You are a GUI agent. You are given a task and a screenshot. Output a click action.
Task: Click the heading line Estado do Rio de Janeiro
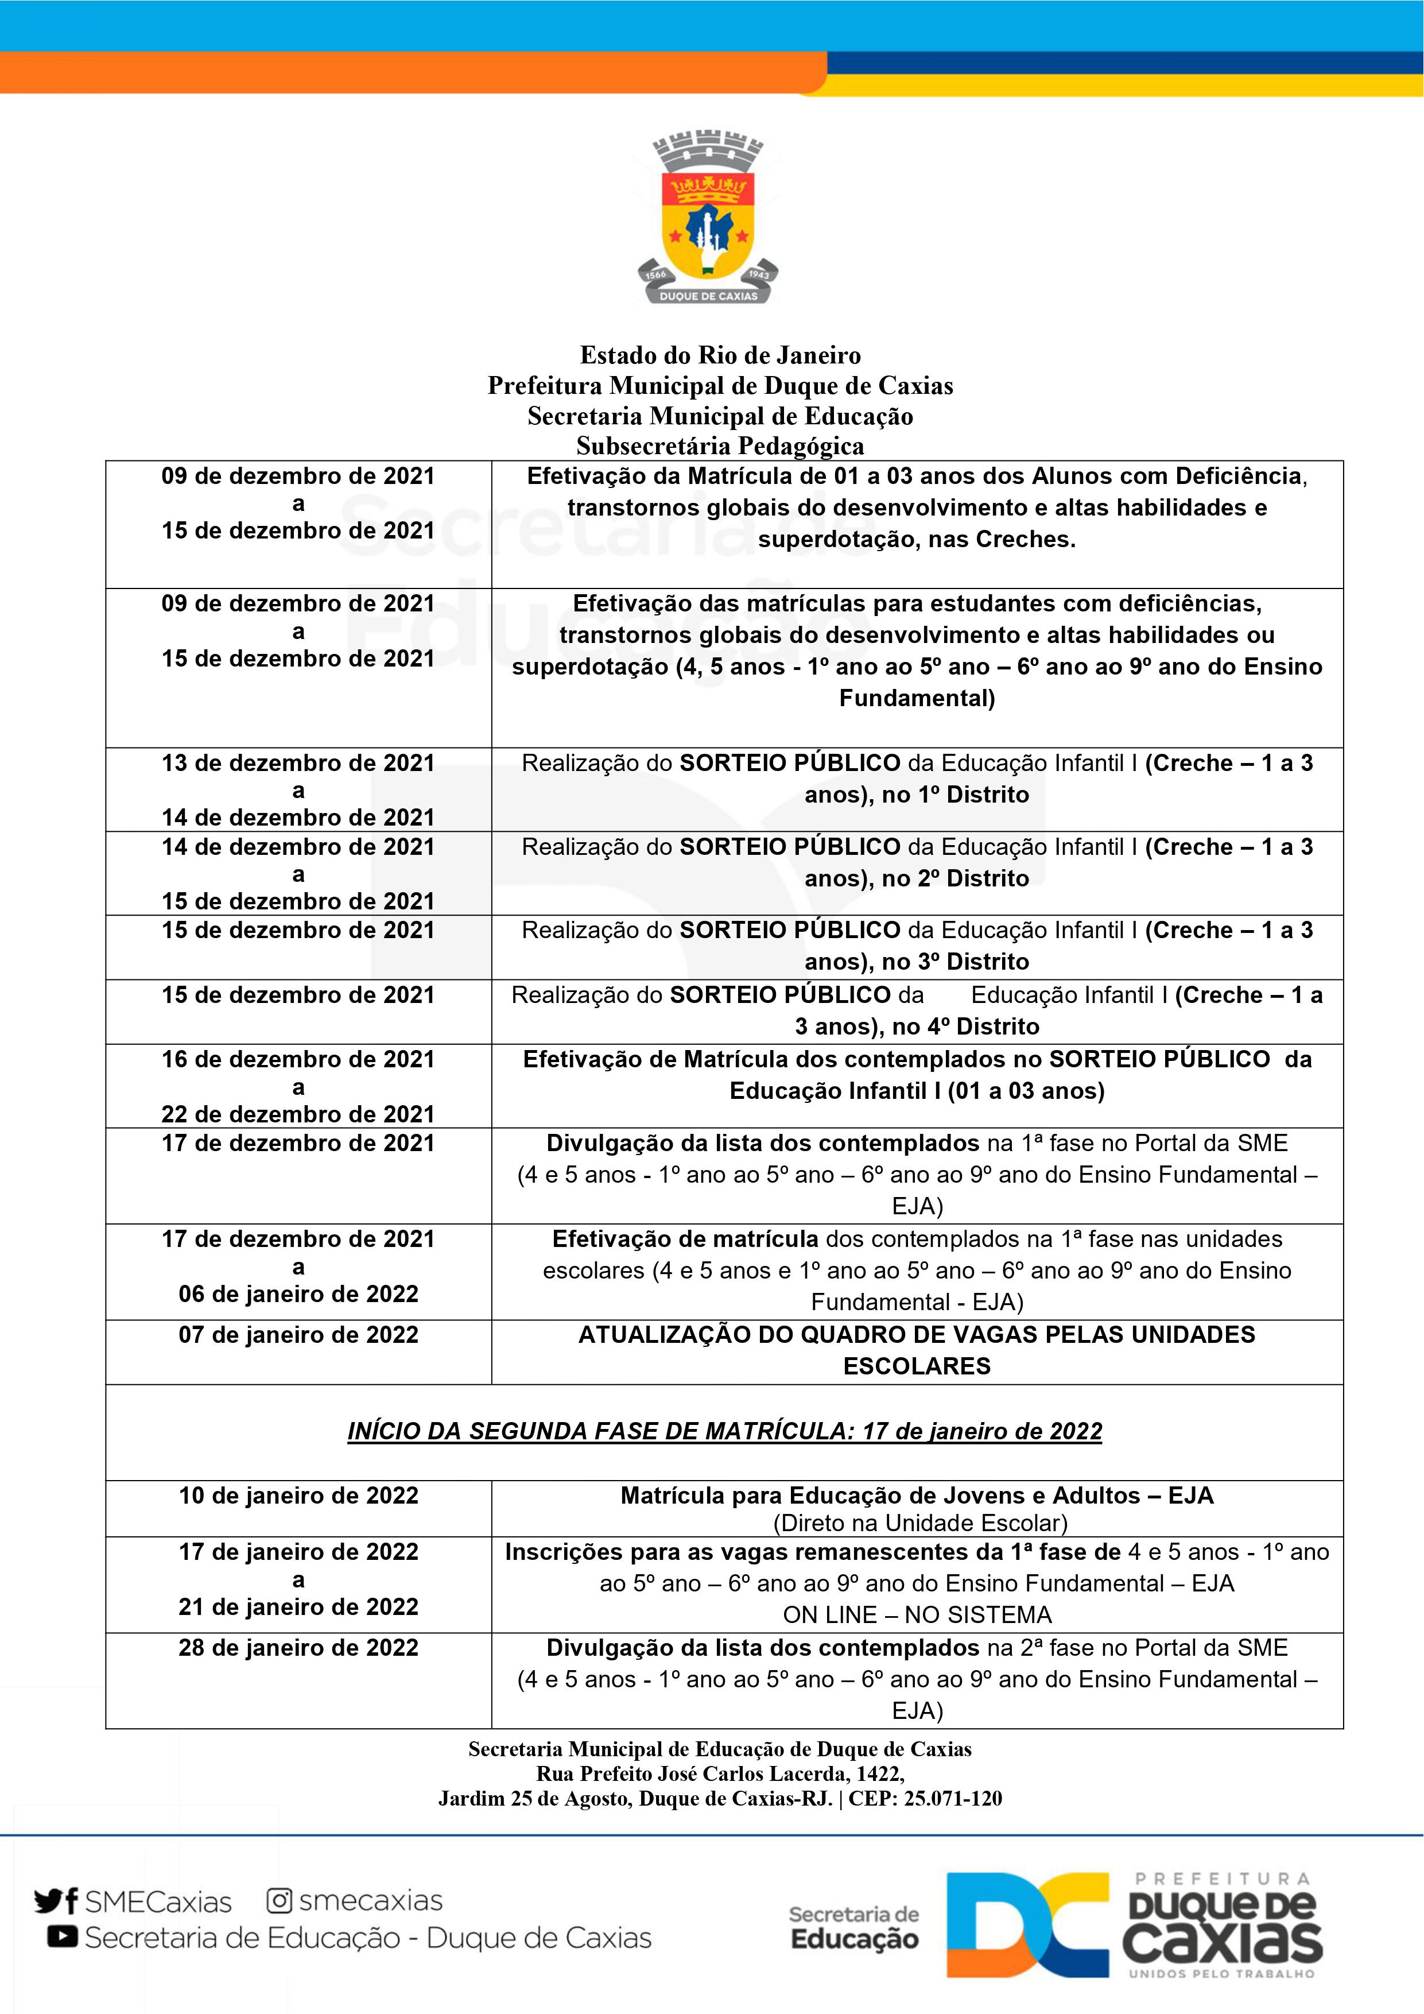pos(720,355)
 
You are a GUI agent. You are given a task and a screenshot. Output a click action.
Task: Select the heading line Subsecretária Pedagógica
pos(720,447)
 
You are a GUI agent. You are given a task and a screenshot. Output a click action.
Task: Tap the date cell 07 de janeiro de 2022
pos(298,1335)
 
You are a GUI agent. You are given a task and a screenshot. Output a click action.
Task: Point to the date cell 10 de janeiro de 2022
pos(298,1496)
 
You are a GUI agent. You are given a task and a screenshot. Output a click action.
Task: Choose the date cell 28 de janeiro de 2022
pos(298,1647)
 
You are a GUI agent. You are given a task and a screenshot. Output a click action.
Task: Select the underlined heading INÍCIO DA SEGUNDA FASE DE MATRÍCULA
pos(724,1431)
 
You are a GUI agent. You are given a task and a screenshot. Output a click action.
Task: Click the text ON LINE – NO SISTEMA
pos(917,1615)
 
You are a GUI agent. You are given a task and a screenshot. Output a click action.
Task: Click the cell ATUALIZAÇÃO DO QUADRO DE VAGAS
pos(917,1350)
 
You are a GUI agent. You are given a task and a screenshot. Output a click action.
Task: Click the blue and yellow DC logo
pos(1027,1926)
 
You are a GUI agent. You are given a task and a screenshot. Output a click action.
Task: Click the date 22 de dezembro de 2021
pos(298,1114)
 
